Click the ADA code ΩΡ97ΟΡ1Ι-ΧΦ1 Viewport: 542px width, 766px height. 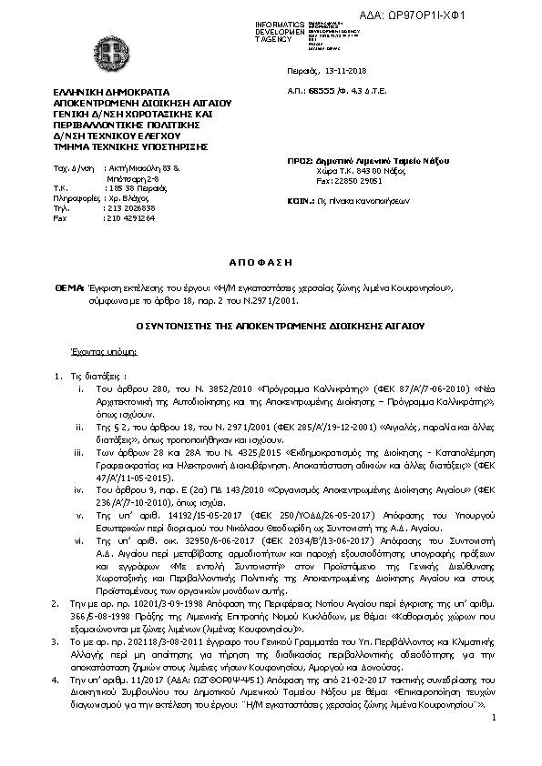pyautogui.click(x=492, y=15)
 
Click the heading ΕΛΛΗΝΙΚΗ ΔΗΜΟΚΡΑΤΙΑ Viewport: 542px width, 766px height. pyautogui.click(x=106, y=94)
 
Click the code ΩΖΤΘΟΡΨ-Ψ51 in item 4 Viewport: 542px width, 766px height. pyautogui.click(x=179, y=654)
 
